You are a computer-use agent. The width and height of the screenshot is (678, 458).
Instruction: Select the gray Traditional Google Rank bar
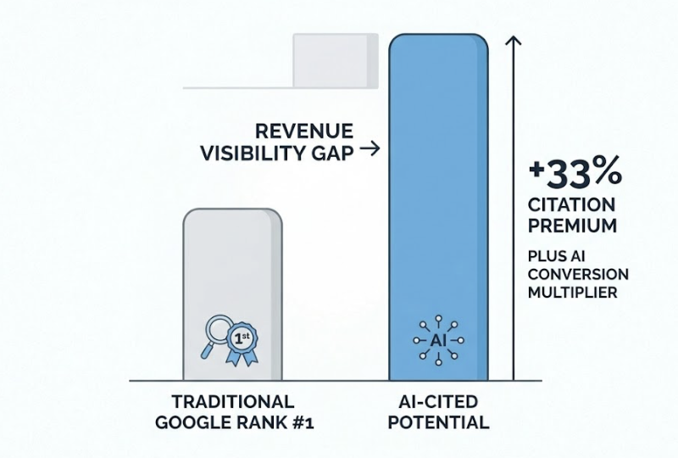tap(232, 271)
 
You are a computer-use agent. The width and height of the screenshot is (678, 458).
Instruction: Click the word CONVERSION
tap(581, 275)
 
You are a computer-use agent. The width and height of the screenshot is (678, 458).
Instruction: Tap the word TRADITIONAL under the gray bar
tap(231, 401)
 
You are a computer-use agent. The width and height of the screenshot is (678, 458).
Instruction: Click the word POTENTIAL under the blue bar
tap(438, 422)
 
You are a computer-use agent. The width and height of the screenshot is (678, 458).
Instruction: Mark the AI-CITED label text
tap(438, 401)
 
